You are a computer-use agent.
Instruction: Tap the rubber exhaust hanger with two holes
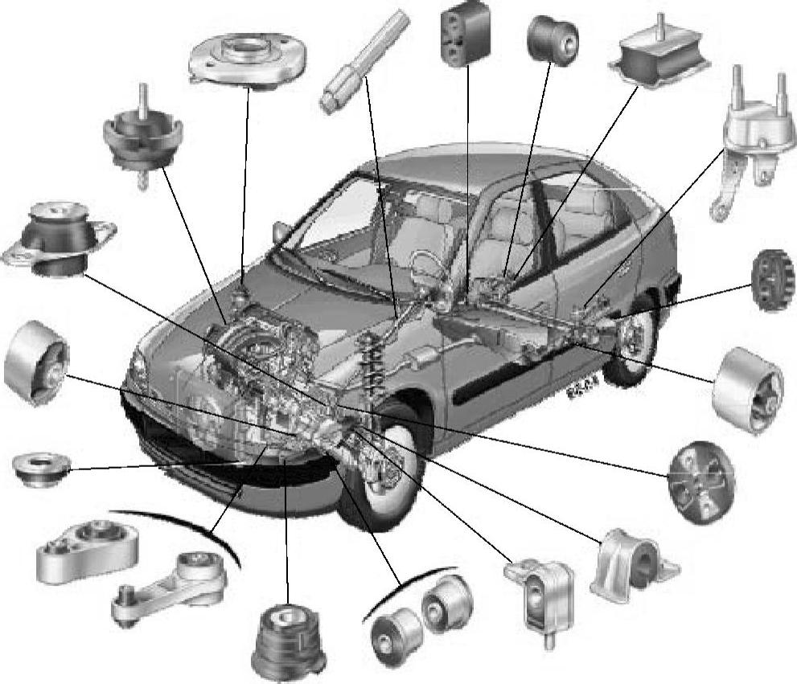[x=466, y=33]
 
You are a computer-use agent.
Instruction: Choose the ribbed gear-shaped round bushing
[x=773, y=279]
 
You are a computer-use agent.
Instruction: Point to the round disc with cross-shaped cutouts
[x=701, y=481]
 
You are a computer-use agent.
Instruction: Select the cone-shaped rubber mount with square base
[x=288, y=639]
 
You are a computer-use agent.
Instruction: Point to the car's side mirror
[x=281, y=231]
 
